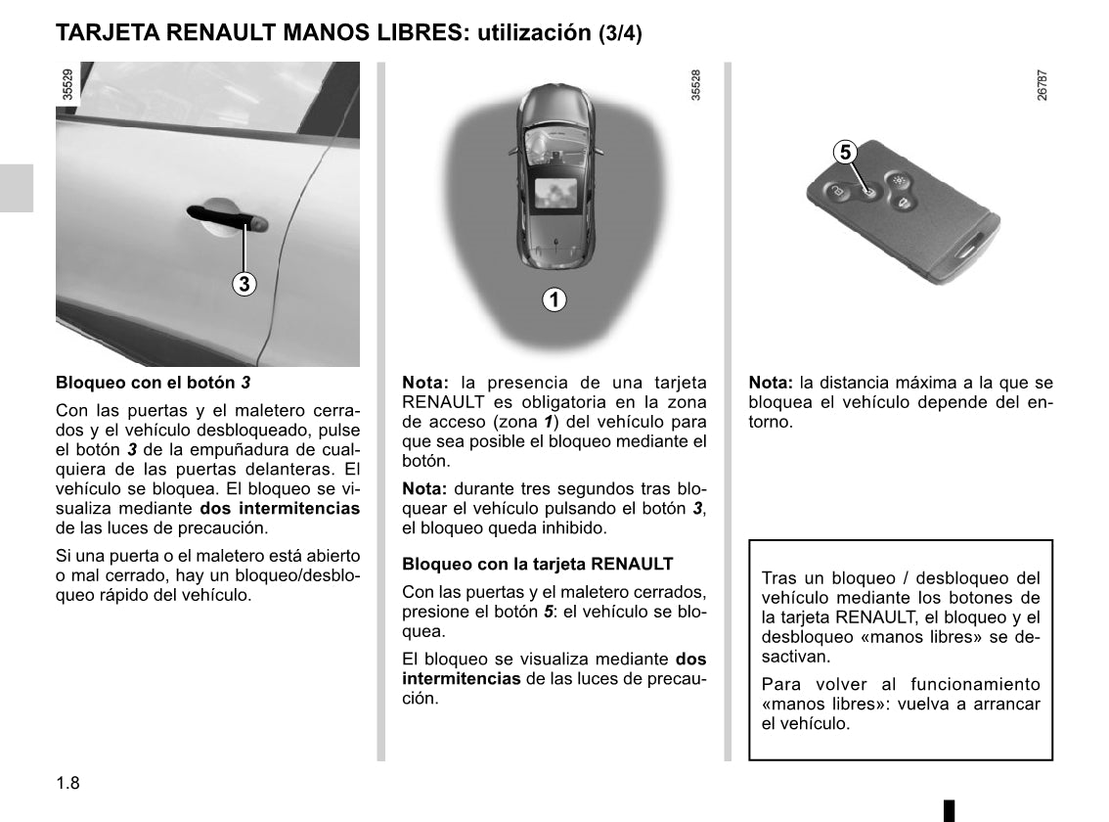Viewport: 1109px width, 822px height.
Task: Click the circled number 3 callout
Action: click(244, 284)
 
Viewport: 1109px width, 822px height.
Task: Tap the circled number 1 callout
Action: click(554, 299)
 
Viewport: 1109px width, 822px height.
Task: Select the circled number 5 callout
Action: click(845, 153)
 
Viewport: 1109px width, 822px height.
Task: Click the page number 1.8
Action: click(67, 782)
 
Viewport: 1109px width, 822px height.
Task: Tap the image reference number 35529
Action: click(67, 86)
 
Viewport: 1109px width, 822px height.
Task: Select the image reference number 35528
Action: click(695, 86)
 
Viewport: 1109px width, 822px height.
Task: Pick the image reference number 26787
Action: click(1042, 86)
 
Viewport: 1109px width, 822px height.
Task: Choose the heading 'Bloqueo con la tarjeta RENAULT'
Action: click(538, 565)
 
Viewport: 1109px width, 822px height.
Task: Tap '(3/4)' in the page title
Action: click(620, 33)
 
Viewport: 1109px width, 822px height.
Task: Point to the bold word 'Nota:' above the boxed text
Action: click(771, 383)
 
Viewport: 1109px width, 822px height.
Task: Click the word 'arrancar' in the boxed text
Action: click(1007, 705)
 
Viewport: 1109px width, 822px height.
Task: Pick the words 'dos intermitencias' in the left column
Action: click(280, 509)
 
